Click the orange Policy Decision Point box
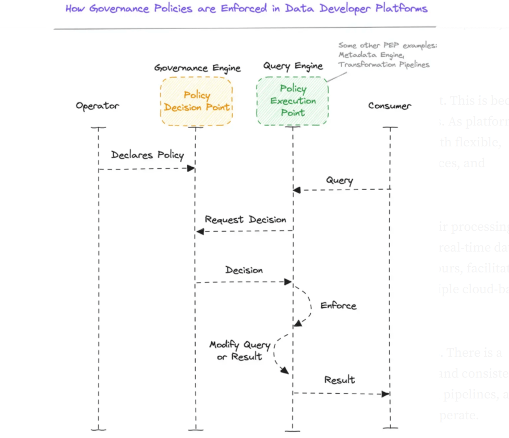[196, 101]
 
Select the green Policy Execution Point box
[293, 101]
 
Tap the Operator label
[97, 106]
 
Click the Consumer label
[390, 106]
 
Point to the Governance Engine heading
[197, 68]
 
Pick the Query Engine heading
[293, 66]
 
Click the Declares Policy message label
[147, 155]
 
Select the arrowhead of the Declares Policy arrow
[191, 168]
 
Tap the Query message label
[340, 181]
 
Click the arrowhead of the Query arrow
[297, 190]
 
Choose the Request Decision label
[245, 220]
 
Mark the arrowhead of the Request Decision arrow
[199, 231]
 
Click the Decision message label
[244, 270]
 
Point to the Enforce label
[338, 306]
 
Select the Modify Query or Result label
[239, 351]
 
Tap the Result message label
[340, 380]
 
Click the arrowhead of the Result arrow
[386, 394]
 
